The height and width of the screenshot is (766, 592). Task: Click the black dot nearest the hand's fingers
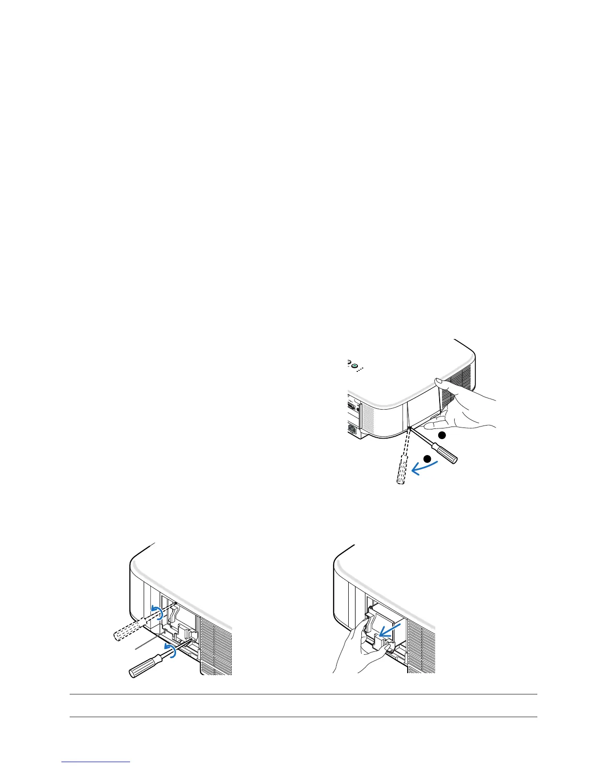441,435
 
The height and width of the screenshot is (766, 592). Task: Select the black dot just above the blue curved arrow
427,458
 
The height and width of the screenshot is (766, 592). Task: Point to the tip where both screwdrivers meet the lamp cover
410,428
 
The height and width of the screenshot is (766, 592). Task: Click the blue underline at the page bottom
96,762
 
